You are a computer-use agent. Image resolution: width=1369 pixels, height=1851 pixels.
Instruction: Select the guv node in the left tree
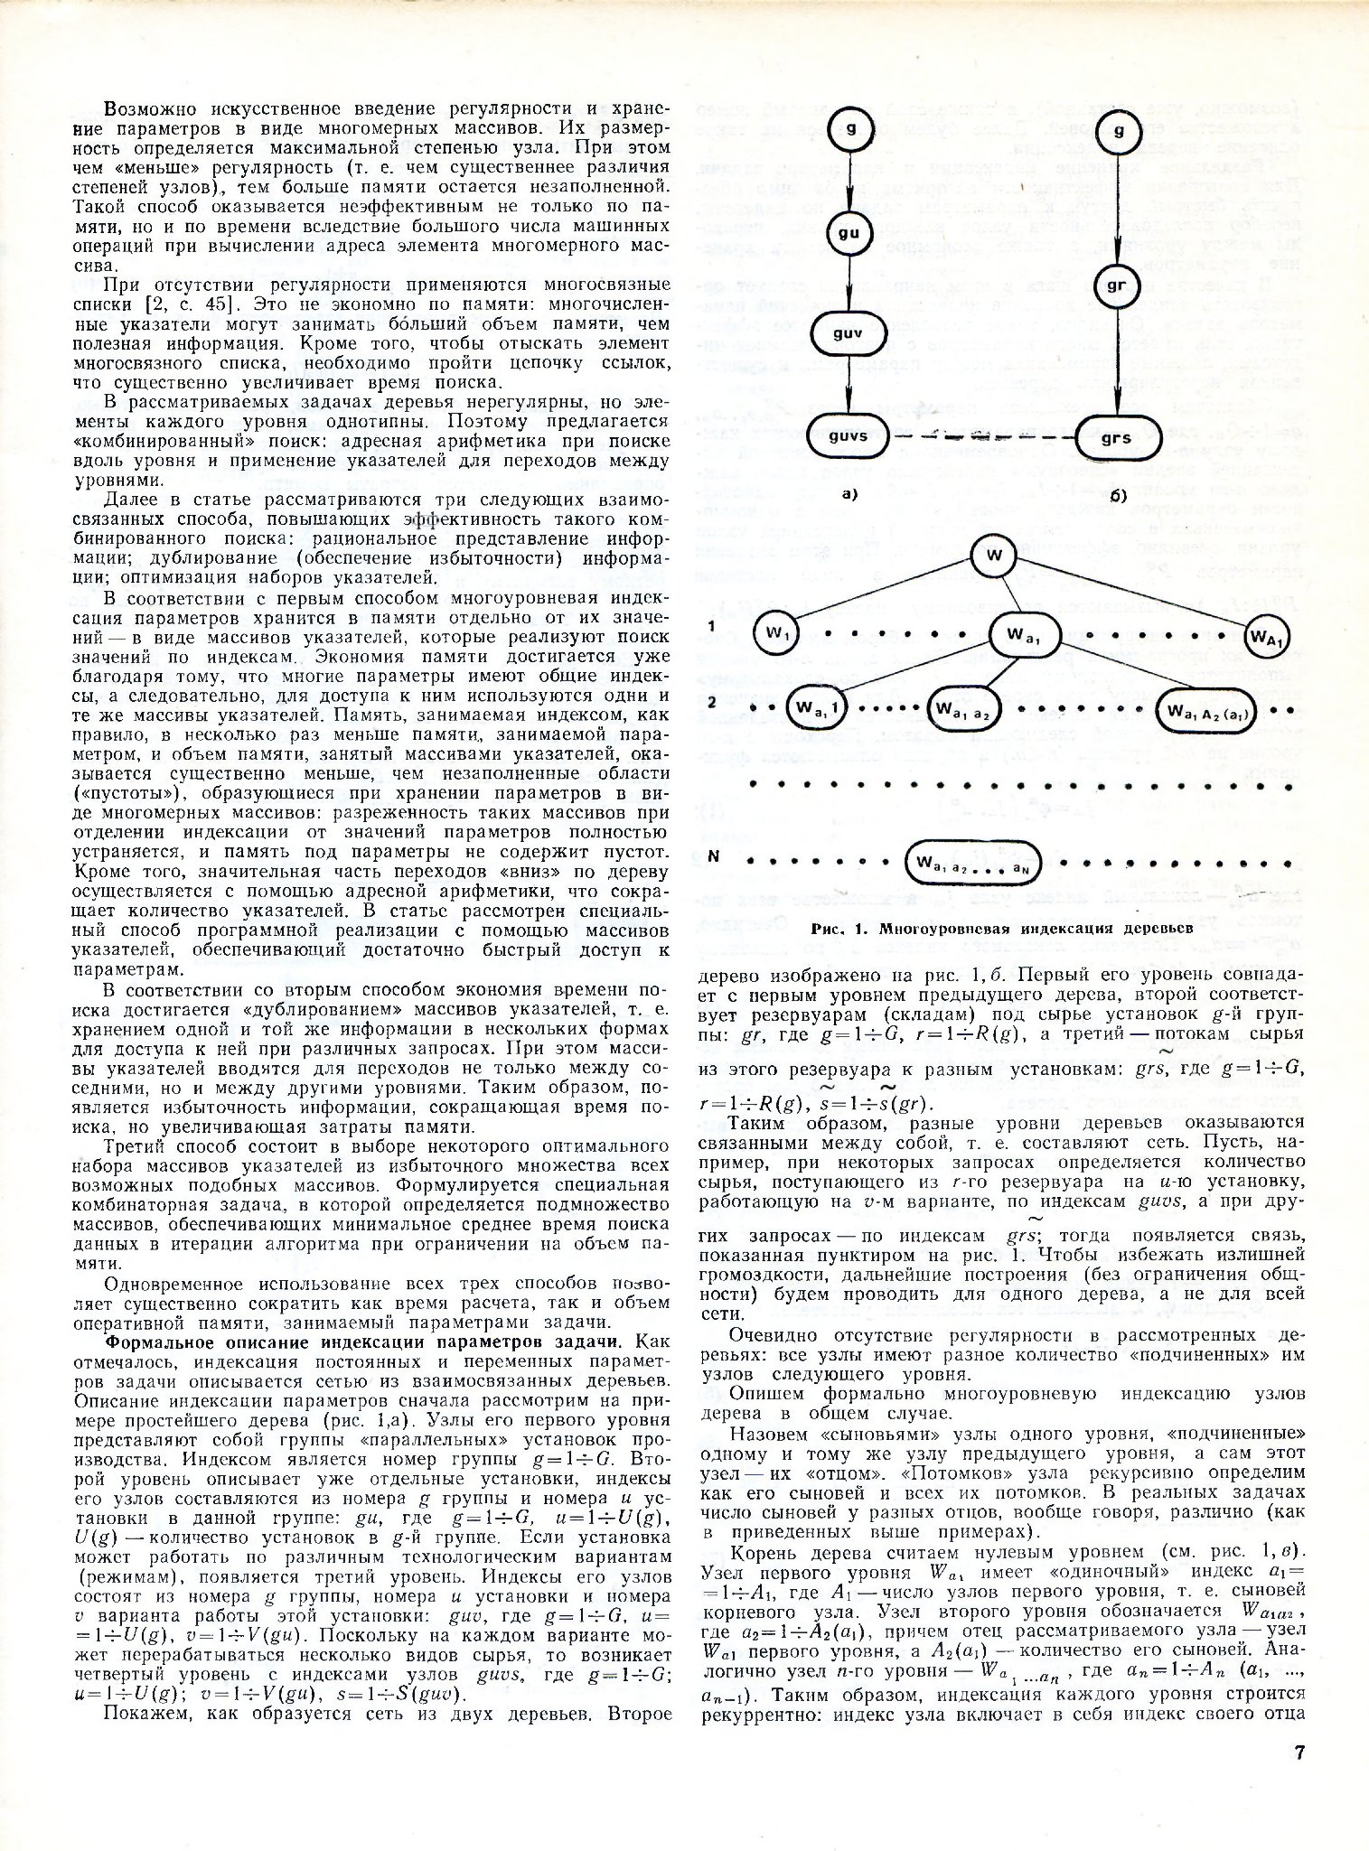[x=848, y=333]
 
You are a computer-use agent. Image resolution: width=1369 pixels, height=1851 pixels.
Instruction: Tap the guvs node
[x=848, y=435]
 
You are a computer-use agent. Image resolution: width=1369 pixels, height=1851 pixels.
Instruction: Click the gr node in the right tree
[x=1116, y=286]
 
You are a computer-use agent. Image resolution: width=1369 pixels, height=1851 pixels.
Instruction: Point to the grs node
[x=1117, y=438]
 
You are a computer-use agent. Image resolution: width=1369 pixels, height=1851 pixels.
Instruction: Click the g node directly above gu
[x=849, y=132]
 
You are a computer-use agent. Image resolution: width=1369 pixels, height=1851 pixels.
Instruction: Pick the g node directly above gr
[x=1118, y=132]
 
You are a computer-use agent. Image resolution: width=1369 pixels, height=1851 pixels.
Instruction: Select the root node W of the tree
[x=994, y=556]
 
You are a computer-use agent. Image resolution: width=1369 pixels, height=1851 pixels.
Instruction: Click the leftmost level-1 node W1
[x=776, y=634]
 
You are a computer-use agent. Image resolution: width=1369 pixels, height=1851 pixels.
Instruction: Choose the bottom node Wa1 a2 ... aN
[x=973, y=864]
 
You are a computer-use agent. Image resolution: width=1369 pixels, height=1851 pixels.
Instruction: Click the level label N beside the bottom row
[x=714, y=855]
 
